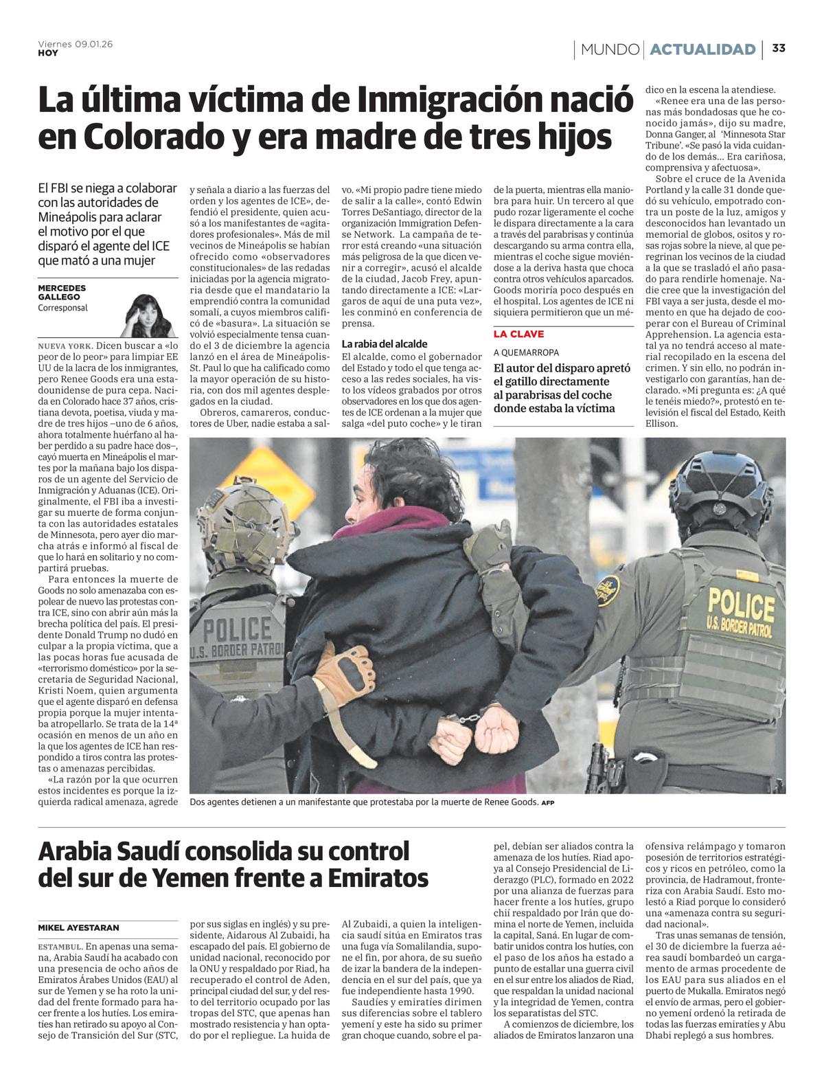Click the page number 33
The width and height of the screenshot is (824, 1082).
pos(779,49)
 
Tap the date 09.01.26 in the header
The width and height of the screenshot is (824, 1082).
pos(93,44)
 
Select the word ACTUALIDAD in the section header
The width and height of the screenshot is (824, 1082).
pos(702,49)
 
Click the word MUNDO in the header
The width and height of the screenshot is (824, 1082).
pos(610,49)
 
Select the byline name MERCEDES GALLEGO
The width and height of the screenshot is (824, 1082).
pos(62,292)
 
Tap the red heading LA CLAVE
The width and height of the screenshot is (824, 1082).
pos(518,334)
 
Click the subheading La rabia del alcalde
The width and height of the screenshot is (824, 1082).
pos(385,343)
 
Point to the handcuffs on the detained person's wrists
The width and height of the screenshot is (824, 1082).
pos(469,719)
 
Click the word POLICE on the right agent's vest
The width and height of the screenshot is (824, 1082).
pos(731,602)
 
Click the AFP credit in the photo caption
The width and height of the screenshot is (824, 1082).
pos(547,803)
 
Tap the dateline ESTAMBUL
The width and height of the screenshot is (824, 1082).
pos(60,947)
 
